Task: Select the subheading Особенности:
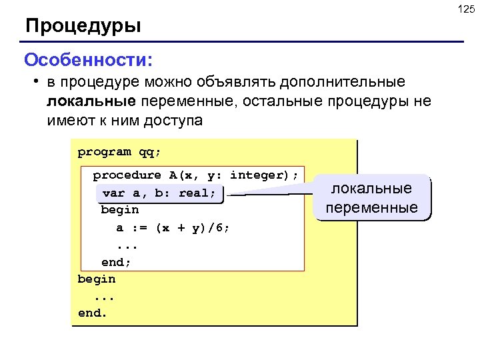[89, 60]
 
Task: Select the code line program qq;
[119, 152]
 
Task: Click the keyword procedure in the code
[127, 175]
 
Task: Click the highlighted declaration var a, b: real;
[159, 193]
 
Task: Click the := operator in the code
[139, 228]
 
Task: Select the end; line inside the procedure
[116, 262]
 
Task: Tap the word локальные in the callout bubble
[372, 189]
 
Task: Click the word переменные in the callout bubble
[372, 207]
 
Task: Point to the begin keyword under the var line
[120, 210]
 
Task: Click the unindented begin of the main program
[97, 279]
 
